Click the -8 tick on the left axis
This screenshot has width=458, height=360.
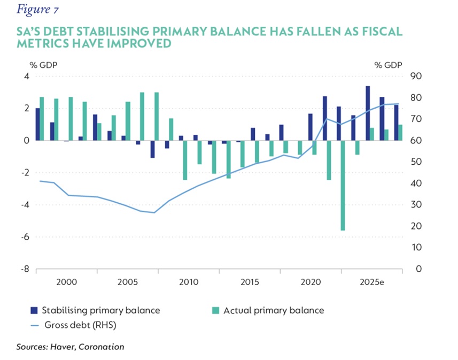click(24, 269)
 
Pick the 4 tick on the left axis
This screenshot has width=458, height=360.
click(26, 76)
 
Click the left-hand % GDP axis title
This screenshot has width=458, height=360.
click(43, 65)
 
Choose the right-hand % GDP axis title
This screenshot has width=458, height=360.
click(388, 65)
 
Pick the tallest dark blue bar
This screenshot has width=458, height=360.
click(368, 113)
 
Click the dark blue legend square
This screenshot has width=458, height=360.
click(34, 310)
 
